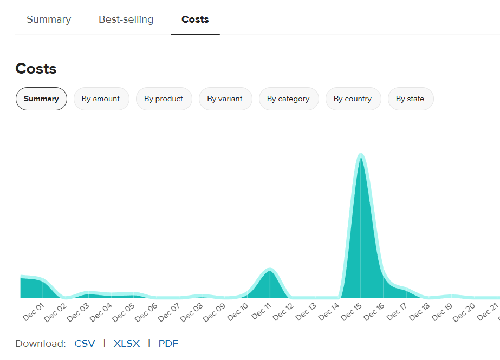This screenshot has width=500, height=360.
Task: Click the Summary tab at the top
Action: (x=49, y=19)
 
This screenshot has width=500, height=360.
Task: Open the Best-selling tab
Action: (x=126, y=19)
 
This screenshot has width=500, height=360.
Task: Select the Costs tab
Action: (x=195, y=19)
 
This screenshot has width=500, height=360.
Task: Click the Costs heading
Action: (x=36, y=69)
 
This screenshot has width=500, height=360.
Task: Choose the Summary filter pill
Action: (x=41, y=99)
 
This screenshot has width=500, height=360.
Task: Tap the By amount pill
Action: (x=101, y=99)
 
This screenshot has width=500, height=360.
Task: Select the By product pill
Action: (x=164, y=99)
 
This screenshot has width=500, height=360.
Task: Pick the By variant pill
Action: (x=225, y=99)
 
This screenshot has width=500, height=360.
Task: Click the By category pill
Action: (x=288, y=99)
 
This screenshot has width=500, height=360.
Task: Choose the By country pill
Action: (x=353, y=99)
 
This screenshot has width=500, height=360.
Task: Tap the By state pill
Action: (x=410, y=99)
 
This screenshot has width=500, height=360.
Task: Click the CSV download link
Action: (x=85, y=344)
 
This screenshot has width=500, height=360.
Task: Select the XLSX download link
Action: (x=127, y=344)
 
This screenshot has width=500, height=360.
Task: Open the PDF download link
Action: (x=168, y=344)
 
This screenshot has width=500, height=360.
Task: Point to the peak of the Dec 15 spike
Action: (x=361, y=156)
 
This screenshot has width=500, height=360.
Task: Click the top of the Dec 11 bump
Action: (x=269, y=270)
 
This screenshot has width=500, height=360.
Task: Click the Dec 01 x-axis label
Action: (x=34, y=312)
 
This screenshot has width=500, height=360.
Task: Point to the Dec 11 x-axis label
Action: (x=261, y=312)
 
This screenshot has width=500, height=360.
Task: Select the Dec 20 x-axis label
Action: (x=464, y=312)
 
